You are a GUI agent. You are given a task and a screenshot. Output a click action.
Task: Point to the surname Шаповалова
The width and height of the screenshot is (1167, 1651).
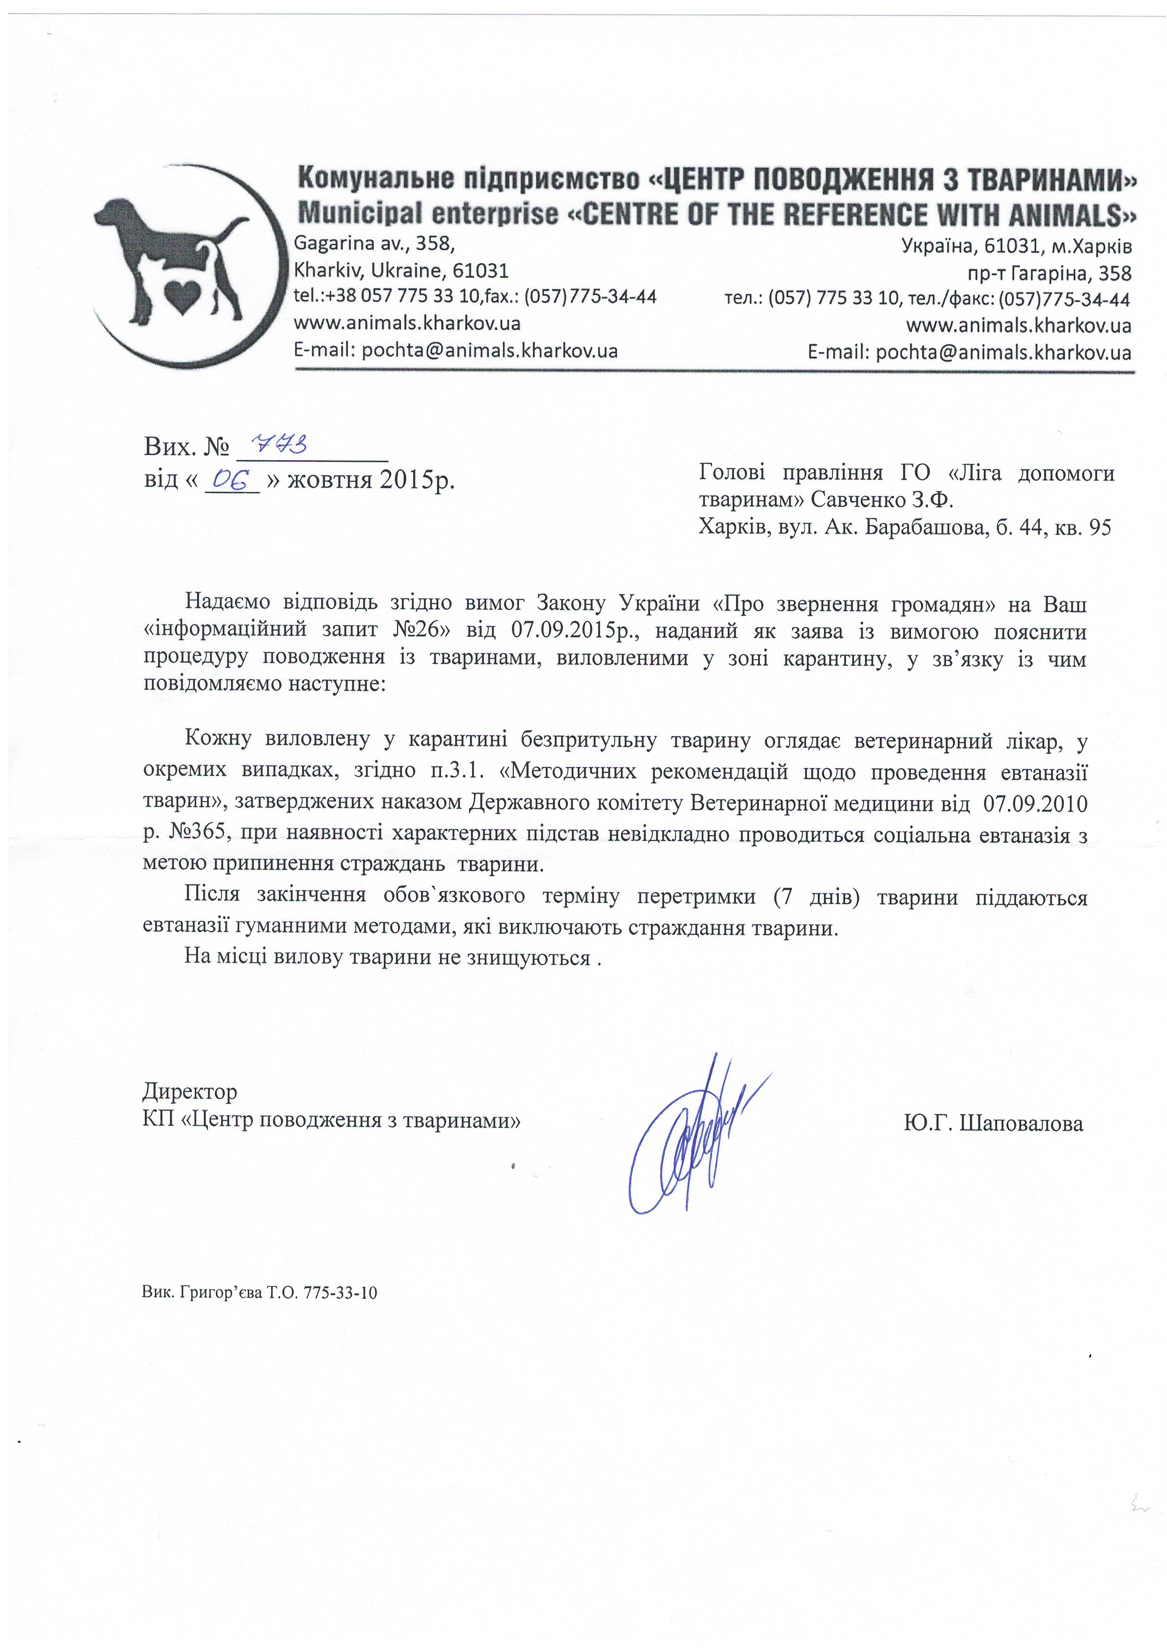coord(1021,1123)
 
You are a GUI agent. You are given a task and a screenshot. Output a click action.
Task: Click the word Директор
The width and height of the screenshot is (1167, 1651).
coord(190,1091)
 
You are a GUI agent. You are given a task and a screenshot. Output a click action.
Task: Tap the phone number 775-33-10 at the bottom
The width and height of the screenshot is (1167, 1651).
coord(340,1293)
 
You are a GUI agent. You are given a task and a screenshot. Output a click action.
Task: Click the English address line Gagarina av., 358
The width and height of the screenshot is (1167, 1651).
coord(374,244)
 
